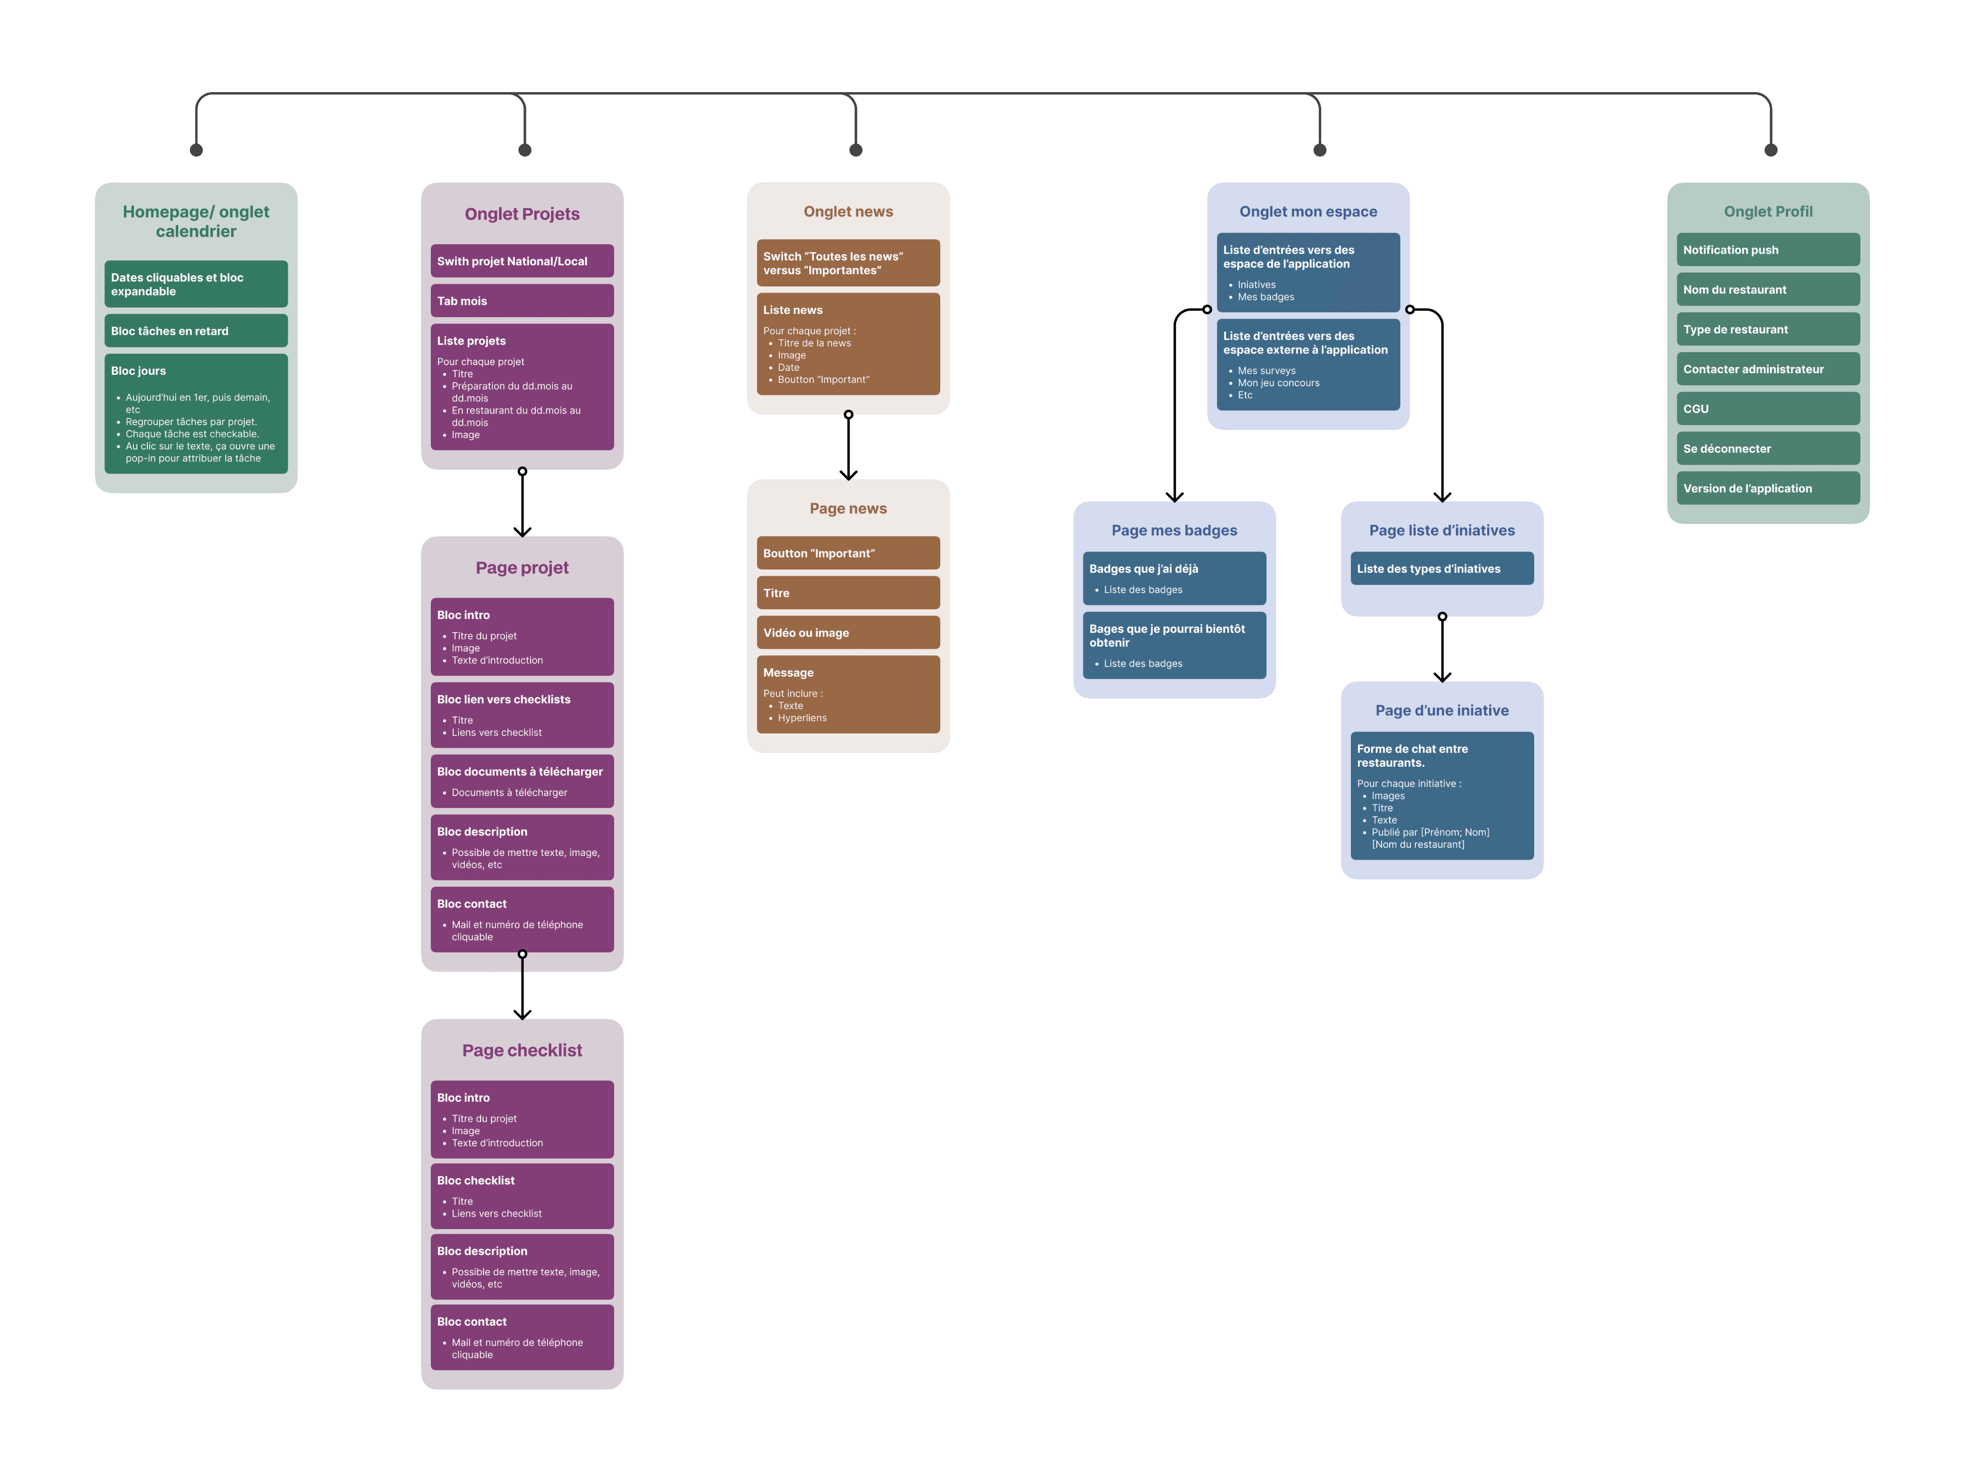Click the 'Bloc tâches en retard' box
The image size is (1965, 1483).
pyautogui.click(x=195, y=331)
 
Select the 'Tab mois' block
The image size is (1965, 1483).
pyautogui.click(x=521, y=300)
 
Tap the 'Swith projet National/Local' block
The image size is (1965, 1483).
pyautogui.click(x=521, y=261)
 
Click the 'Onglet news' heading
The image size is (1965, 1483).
pyautogui.click(x=848, y=212)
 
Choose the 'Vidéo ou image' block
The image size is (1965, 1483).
pyautogui.click(x=848, y=633)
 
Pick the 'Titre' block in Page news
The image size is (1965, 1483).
pyautogui.click(x=848, y=593)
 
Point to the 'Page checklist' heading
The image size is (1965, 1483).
pyautogui.click(x=521, y=1050)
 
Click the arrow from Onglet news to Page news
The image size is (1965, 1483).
pyautogui.click(x=848, y=448)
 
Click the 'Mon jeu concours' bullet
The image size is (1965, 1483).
pyautogui.click(x=1278, y=383)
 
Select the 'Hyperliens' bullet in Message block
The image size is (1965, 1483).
pyautogui.click(x=802, y=718)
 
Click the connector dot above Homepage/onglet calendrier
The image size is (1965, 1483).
pyautogui.click(x=196, y=150)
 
